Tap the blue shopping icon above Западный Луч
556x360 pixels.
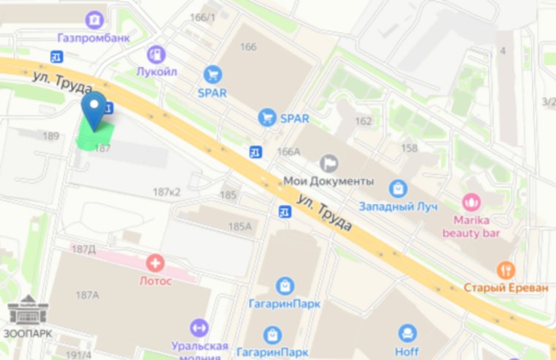point(397,189)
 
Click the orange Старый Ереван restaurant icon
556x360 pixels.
point(506,270)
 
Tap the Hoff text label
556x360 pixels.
point(407,352)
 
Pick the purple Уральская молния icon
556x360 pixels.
point(198,328)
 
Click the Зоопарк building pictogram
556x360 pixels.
point(28,310)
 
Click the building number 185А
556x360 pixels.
point(239,227)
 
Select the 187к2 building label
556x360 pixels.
point(167,192)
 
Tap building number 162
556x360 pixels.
point(363,121)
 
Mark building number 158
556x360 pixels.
point(410,149)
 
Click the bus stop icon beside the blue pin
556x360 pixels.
point(108,109)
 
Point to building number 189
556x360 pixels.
point(50,136)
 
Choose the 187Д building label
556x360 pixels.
point(83,250)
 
